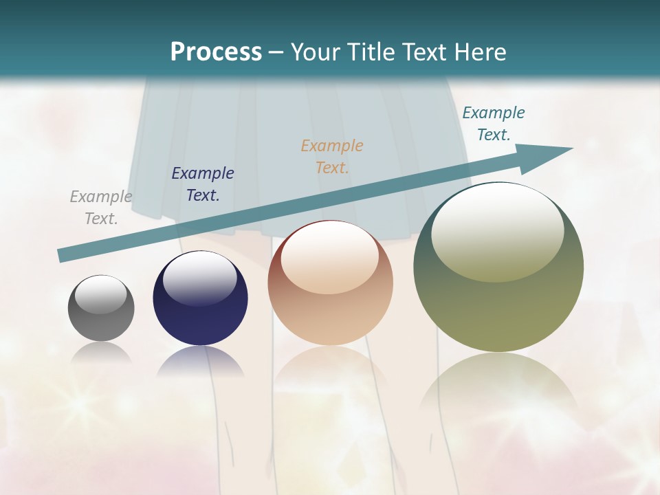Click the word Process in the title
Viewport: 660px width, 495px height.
tap(216, 52)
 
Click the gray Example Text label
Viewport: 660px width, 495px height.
tap(101, 208)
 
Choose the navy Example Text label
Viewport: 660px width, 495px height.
tap(203, 184)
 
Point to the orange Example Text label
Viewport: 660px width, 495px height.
tap(332, 156)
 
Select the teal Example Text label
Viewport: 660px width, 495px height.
tap(494, 124)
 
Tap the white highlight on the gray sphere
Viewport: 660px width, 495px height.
tap(101, 294)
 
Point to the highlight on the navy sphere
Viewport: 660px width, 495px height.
tap(199, 277)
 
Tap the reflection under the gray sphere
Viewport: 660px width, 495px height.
tap(101, 353)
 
